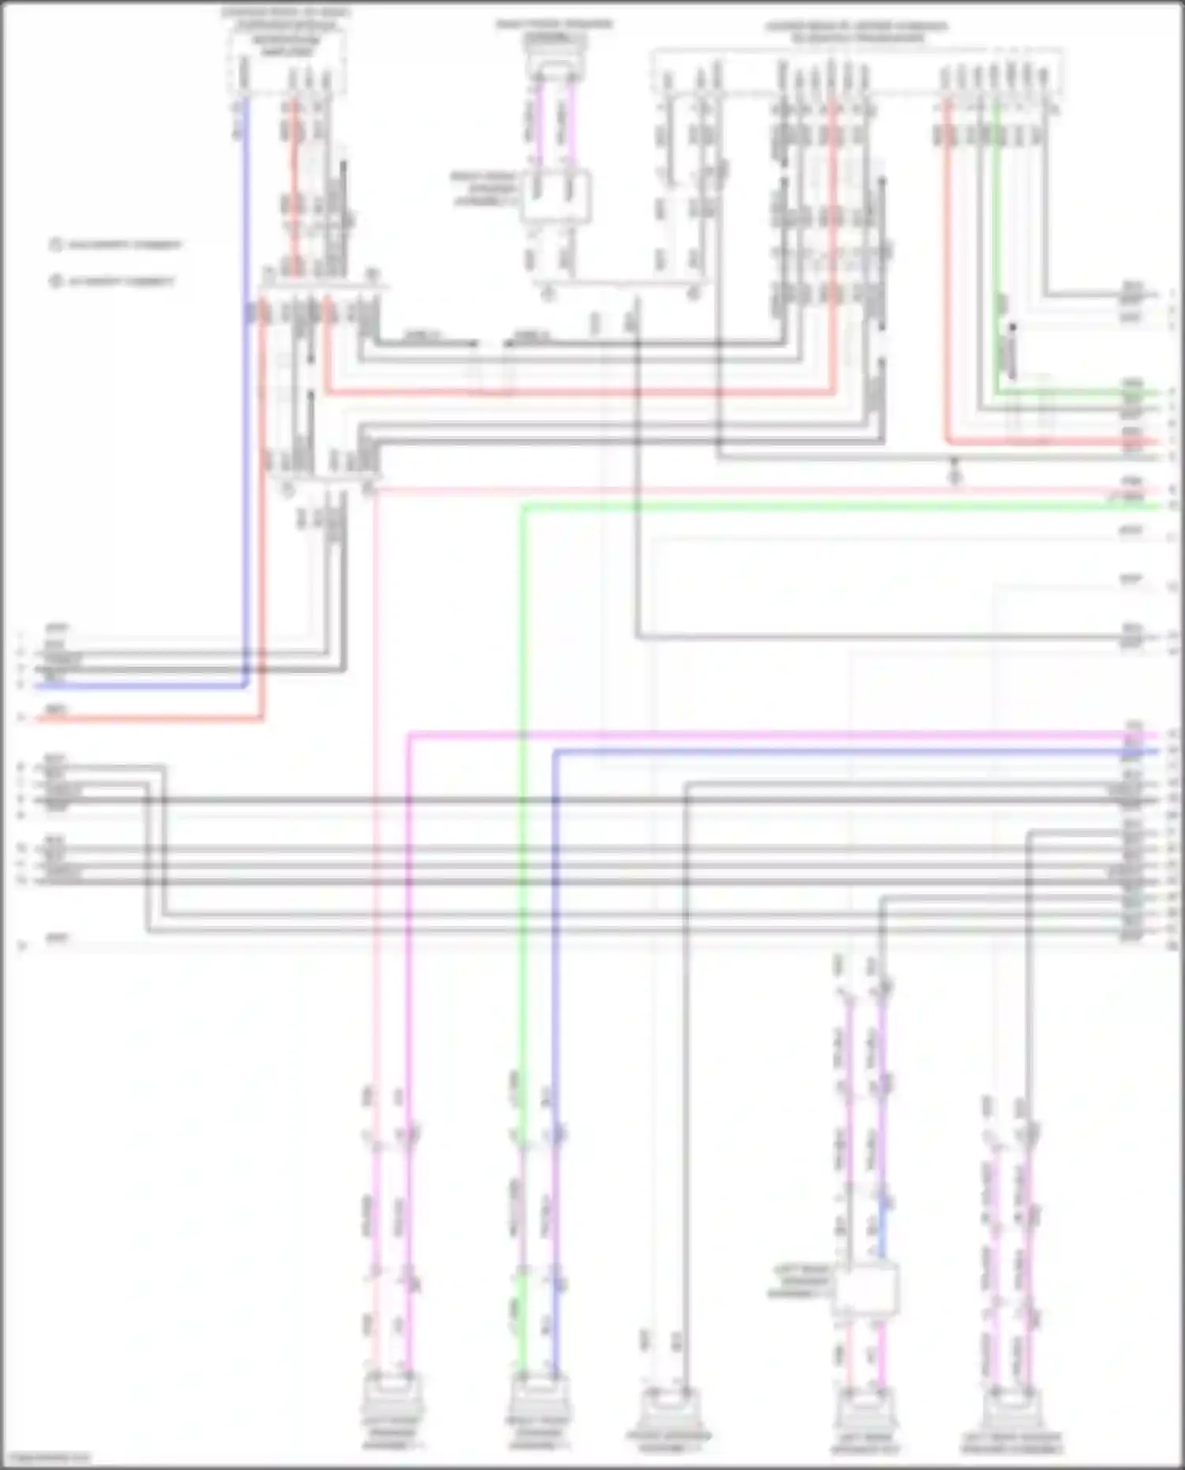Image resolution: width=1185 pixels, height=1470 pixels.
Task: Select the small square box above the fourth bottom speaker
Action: (x=866, y=1288)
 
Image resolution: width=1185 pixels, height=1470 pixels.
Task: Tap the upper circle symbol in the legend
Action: (x=55, y=245)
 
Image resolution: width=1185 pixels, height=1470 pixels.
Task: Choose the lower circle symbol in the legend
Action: (x=55, y=280)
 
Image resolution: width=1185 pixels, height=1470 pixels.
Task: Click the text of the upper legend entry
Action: (x=125, y=245)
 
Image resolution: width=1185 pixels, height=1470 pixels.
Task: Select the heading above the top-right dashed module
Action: (x=856, y=32)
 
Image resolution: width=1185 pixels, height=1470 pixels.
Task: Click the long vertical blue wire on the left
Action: (x=245, y=395)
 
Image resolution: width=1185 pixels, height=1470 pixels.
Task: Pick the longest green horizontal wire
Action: (x=829, y=506)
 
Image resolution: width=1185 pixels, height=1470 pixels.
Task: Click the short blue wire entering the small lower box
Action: (x=882, y=1232)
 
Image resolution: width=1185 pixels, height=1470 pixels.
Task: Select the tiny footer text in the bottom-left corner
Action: (x=46, y=1458)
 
